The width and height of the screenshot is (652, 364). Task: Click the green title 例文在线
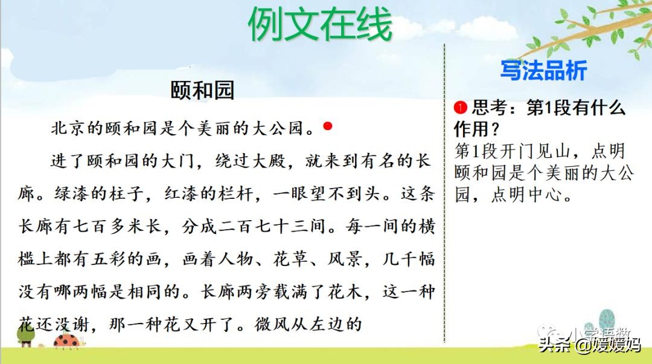[320, 25]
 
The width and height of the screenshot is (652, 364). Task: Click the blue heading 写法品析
[543, 71]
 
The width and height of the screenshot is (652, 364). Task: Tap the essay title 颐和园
[202, 91]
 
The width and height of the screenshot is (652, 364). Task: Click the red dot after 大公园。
[328, 126]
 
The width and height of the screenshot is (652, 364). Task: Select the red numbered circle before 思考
[461, 108]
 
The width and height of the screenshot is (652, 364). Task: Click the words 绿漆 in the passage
[67, 194]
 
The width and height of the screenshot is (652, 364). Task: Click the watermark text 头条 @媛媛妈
[589, 345]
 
